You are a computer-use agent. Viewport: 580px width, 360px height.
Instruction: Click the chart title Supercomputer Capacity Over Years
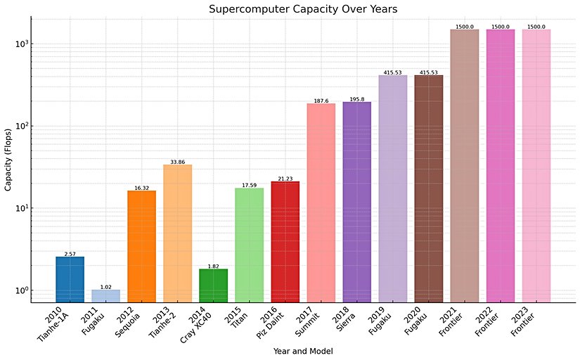302,9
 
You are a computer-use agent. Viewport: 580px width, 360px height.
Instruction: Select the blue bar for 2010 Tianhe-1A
70,279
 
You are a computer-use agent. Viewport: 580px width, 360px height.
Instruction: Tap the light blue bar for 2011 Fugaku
105,295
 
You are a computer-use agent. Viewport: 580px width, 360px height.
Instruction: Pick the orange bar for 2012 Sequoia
141,246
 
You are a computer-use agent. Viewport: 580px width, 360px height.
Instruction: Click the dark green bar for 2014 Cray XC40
213,285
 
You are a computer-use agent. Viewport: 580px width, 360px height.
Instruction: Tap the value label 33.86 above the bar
177,162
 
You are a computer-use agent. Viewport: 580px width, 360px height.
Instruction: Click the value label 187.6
321,101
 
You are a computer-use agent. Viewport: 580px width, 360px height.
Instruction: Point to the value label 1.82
213,266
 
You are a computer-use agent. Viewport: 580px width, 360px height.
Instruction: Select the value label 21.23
285,179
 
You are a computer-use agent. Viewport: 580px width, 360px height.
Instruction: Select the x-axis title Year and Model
303,350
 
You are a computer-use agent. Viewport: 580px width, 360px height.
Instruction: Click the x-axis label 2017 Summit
311,321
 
